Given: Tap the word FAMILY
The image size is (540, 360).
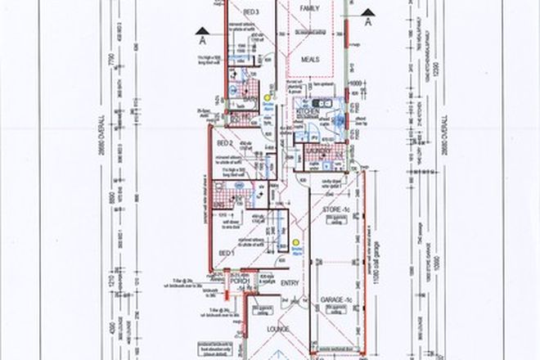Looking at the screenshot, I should (308, 7).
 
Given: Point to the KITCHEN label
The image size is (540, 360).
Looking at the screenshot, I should (308, 107).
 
